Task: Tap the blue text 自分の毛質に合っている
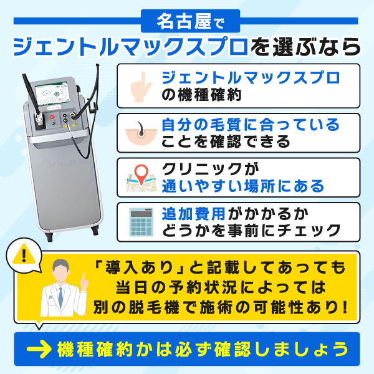(250, 124)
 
